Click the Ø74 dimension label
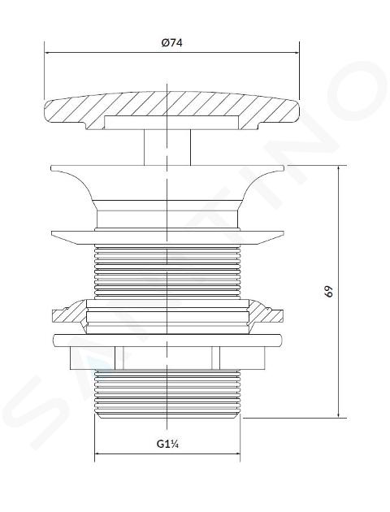[x=171, y=43]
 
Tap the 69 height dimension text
[x=329, y=291]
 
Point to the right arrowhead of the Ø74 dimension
[x=296, y=53]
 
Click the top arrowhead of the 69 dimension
[x=339, y=169]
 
